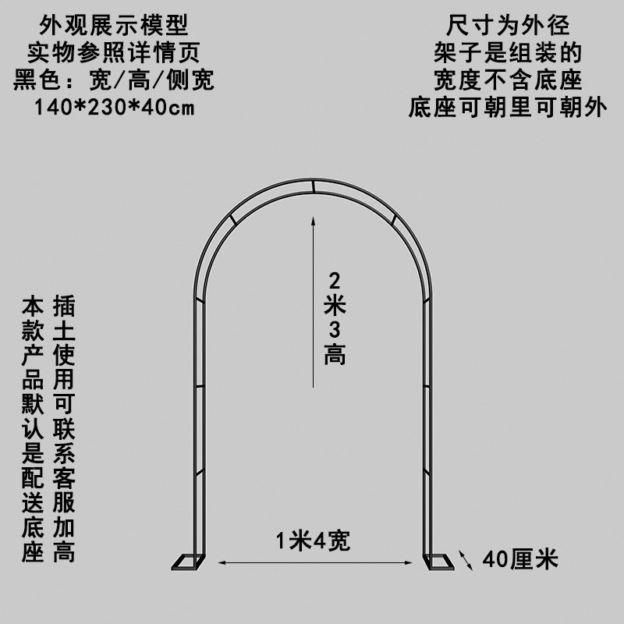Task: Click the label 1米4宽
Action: [x=312, y=539]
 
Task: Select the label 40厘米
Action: [x=520, y=559]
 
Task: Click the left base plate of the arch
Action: [x=188, y=561]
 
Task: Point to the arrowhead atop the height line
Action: [x=312, y=222]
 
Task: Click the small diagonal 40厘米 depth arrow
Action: [x=466, y=559]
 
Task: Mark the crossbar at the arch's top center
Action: [x=312, y=186]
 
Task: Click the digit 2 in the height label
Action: [x=335, y=280]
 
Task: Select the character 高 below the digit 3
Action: [x=335, y=356]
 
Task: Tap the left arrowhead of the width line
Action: [x=220, y=561]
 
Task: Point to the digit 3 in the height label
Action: [x=335, y=330]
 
